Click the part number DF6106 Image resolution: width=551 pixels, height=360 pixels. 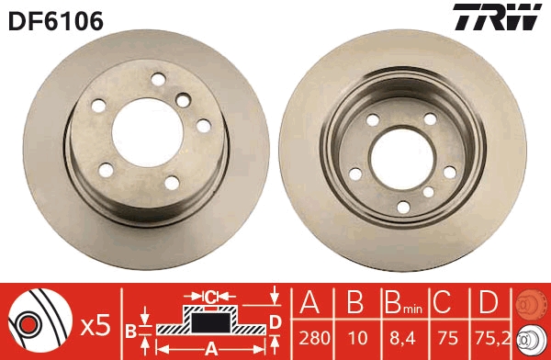point(56,21)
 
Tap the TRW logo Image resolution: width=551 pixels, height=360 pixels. point(498,17)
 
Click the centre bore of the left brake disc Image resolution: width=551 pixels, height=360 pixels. point(148,132)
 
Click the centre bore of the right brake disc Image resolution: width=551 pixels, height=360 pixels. point(402,159)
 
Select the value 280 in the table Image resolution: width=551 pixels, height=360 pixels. point(314,338)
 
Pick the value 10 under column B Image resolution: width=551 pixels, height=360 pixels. point(357,338)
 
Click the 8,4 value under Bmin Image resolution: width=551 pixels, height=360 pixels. point(402,339)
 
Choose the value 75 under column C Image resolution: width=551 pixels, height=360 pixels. point(448,338)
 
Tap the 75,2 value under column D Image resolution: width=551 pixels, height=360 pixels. point(492,339)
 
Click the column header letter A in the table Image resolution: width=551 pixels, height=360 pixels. point(309,302)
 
